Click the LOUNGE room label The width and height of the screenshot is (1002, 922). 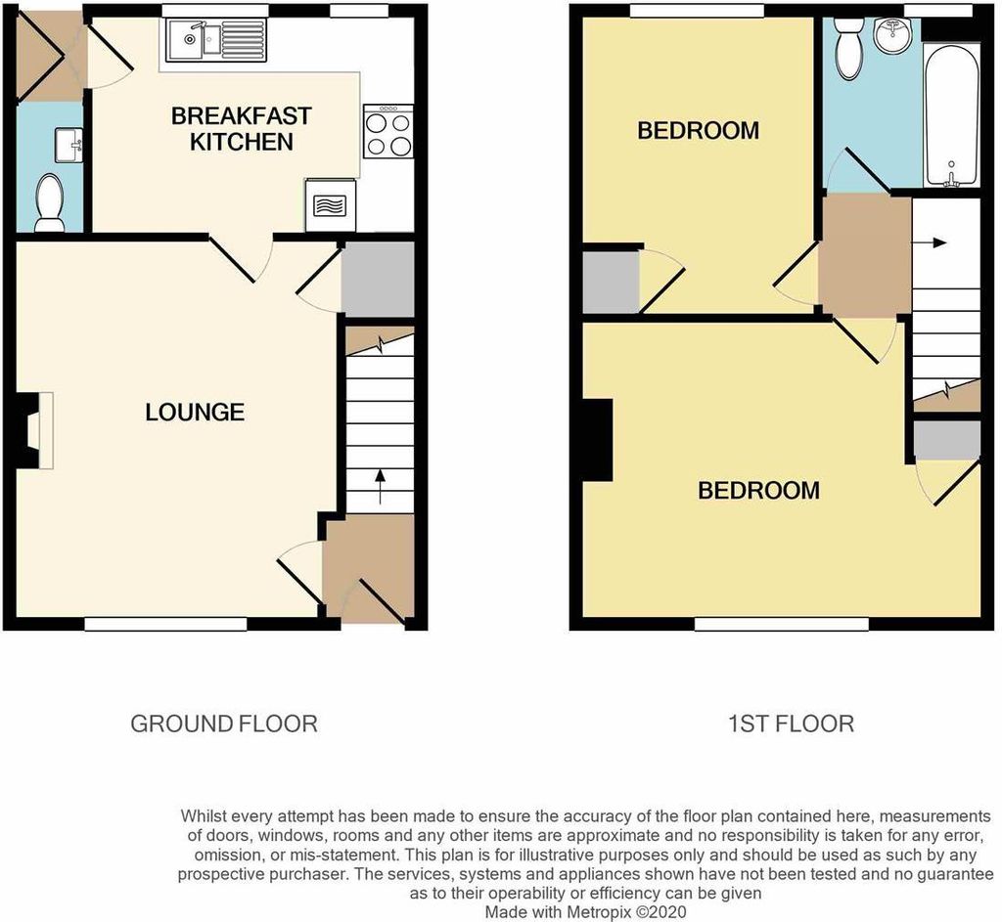(x=195, y=413)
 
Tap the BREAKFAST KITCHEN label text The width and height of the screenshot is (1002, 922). (x=242, y=129)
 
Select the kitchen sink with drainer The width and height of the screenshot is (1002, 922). (x=216, y=40)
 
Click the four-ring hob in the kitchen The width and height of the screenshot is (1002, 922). (x=387, y=132)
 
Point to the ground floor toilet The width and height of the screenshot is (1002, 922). (x=49, y=203)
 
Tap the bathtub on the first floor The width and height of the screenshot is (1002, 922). (x=951, y=116)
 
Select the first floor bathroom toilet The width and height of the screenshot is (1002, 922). (x=849, y=48)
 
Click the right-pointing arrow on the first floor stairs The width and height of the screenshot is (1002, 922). (x=929, y=242)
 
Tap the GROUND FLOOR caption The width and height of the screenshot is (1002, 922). (x=224, y=724)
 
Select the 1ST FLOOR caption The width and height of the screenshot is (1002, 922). (x=791, y=724)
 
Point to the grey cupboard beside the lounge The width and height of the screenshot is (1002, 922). (x=379, y=279)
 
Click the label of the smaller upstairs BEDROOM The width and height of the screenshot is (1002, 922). (x=699, y=131)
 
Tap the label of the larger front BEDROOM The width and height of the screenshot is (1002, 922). (x=758, y=491)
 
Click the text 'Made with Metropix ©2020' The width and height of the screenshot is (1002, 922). (x=585, y=912)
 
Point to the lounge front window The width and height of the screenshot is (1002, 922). (x=165, y=624)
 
